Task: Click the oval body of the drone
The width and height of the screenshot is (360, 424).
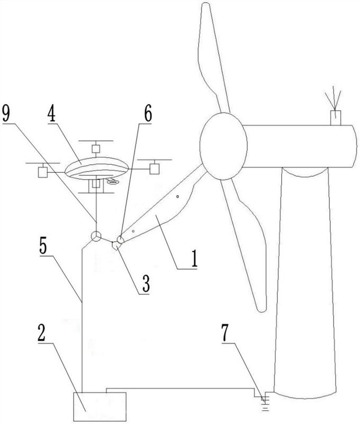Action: pos(95,169)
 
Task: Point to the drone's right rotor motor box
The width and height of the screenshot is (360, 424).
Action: pos(154,169)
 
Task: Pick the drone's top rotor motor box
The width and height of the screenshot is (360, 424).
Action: pos(95,148)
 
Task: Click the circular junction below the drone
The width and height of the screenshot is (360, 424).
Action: pos(95,237)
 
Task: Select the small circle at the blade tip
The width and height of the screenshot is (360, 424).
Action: pos(120,241)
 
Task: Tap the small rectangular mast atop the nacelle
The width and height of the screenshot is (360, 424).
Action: pos(336,117)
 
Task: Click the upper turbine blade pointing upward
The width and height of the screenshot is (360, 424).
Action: pos(211,58)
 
